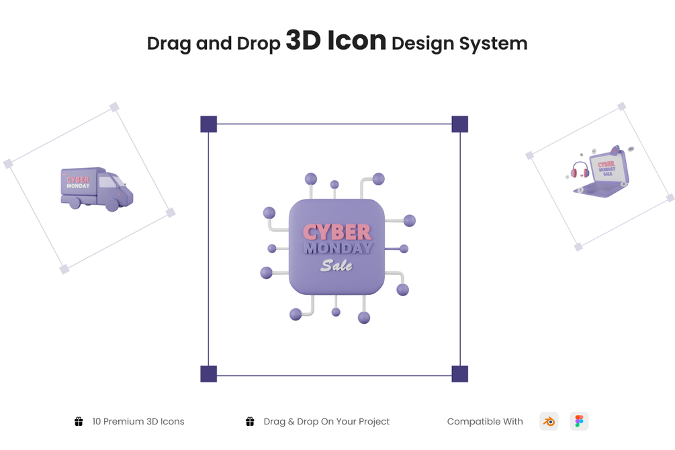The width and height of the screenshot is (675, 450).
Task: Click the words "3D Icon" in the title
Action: (x=336, y=40)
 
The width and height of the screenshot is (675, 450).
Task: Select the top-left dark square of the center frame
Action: (x=209, y=124)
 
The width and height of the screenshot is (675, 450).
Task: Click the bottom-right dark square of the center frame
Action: (x=459, y=374)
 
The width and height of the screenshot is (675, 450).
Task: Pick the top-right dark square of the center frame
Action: (x=459, y=124)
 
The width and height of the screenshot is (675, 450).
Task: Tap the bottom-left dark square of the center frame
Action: (x=209, y=374)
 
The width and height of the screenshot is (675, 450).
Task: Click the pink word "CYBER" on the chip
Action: (x=336, y=232)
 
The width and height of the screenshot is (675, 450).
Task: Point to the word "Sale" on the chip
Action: (x=336, y=265)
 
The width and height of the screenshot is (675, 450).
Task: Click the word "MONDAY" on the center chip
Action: (x=337, y=248)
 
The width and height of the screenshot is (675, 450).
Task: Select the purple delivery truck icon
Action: (x=96, y=187)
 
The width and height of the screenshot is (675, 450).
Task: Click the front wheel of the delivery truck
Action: (x=112, y=206)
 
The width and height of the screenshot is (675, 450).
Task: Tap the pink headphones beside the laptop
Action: (x=579, y=170)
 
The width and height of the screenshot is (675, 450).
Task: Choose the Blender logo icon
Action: (x=549, y=421)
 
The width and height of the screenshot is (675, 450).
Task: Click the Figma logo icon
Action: (x=579, y=421)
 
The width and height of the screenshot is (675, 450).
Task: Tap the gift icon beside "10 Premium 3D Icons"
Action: (x=79, y=421)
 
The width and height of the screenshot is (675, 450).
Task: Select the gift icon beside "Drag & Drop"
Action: (x=250, y=421)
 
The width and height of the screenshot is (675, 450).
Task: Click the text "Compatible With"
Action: (x=484, y=422)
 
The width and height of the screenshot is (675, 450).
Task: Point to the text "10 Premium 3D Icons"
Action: (x=138, y=422)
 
